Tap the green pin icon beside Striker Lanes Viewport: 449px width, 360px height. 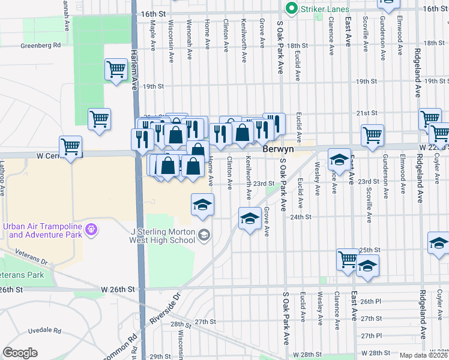coord(292,8)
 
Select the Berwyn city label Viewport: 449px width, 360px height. coord(279,148)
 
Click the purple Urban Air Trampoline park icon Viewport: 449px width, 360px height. coord(92,229)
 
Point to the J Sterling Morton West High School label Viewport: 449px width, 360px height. coord(162,236)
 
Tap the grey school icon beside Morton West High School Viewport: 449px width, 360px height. coord(205,235)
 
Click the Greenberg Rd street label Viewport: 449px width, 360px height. coord(41,45)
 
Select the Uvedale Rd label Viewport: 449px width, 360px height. coord(42,331)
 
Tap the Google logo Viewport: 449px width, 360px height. coord(20,353)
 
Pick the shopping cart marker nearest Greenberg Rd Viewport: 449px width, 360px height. coord(115,68)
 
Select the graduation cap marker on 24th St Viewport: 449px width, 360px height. coord(249,218)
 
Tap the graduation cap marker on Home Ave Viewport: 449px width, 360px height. coord(203,205)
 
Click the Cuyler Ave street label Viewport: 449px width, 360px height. coord(437,173)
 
